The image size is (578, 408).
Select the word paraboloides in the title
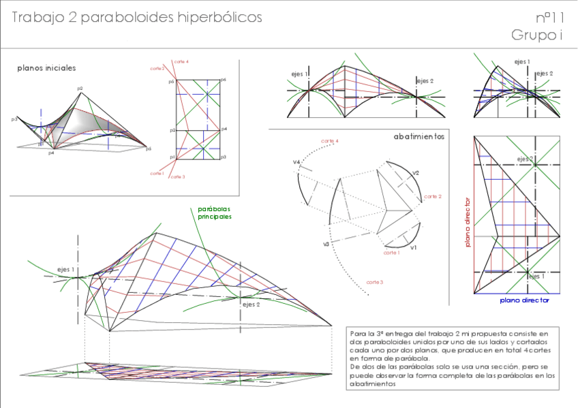(x=126, y=18)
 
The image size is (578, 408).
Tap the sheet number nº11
(x=549, y=17)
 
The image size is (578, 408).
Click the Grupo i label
(x=537, y=35)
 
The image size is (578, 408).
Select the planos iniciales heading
(x=46, y=68)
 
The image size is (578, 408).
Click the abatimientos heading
(x=419, y=136)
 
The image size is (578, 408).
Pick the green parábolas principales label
(x=214, y=213)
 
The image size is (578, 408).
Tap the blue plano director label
(x=524, y=300)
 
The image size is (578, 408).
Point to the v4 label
(x=297, y=162)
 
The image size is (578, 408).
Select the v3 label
(x=326, y=243)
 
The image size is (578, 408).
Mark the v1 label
(x=414, y=248)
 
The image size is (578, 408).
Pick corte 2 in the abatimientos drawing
(x=432, y=196)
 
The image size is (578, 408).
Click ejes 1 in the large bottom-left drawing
(x=66, y=270)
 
